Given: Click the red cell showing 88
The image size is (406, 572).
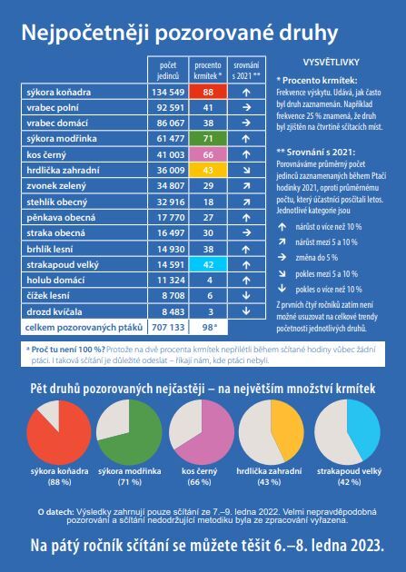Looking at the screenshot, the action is [x=208, y=92].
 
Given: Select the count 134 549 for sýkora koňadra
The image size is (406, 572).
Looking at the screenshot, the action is [x=168, y=92].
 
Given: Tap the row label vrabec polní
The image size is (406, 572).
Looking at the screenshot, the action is [x=53, y=108].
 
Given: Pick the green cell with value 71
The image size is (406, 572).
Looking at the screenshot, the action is [x=208, y=138].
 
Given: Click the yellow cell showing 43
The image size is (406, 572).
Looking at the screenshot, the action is [x=208, y=170].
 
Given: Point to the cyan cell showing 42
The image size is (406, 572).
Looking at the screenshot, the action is [x=208, y=264].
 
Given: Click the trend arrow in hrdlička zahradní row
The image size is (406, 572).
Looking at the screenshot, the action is [x=246, y=171].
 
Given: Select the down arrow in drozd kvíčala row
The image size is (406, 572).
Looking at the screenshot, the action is [x=246, y=311].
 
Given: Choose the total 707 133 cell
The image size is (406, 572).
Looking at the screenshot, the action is [x=168, y=327].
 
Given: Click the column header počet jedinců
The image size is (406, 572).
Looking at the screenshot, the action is [x=168, y=71].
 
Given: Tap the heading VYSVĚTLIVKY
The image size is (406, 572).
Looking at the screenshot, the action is [x=332, y=63].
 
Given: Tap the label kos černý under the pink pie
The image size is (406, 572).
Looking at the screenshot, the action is [x=200, y=471].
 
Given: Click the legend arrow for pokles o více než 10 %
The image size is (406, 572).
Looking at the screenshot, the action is [x=282, y=289].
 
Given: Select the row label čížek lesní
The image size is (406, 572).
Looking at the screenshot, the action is [x=48, y=296].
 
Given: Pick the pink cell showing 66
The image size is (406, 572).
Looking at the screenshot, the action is [x=208, y=154].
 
